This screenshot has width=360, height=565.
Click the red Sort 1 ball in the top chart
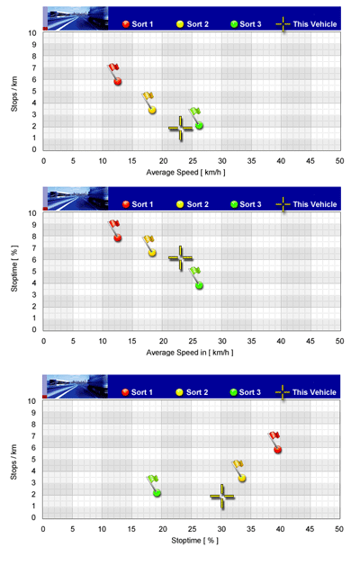pyautogui.click(x=118, y=82)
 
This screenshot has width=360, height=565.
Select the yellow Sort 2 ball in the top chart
pyautogui.click(x=152, y=110)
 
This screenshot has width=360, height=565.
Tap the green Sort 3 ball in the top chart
pyautogui.click(x=199, y=125)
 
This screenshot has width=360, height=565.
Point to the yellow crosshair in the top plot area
pyautogui.click(x=181, y=129)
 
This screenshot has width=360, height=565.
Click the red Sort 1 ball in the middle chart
pyautogui.click(x=118, y=238)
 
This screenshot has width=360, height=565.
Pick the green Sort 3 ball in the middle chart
pyautogui.click(x=199, y=285)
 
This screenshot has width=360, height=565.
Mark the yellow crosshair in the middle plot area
pyautogui.click(x=181, y=258)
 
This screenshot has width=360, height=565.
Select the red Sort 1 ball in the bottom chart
pyautogui.click(x=277, y=449)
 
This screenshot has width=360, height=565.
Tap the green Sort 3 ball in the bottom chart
pyautogui.click(x=157, y=493)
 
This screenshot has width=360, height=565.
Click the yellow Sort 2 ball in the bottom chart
pyautogui.click(x=242, y=478)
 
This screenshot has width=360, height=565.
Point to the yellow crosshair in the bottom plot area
pyautogui.click(x=222, y=497)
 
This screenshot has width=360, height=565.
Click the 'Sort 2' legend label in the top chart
pyautogui.click(x=197, y=24)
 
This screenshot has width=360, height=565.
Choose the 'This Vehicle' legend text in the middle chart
pyautogui.click(x=315, y=204)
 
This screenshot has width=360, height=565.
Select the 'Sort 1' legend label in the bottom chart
pyautogui.click(x=141, y=392)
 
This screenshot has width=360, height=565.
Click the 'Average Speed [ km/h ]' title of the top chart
pyautogui.click(x=185, y=172)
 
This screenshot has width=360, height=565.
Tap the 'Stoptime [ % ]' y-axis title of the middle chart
pyautogui.click(x=14, y=268)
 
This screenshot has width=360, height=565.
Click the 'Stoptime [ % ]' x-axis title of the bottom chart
pyautogui.click(x=194, y=541)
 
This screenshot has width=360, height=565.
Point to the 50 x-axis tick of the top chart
pyautogui.click(x=339, y=161)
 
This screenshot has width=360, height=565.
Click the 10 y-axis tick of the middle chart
pyautogui.click(x=32, y=213)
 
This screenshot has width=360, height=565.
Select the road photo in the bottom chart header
pyautogui.click(x=77, y=386)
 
